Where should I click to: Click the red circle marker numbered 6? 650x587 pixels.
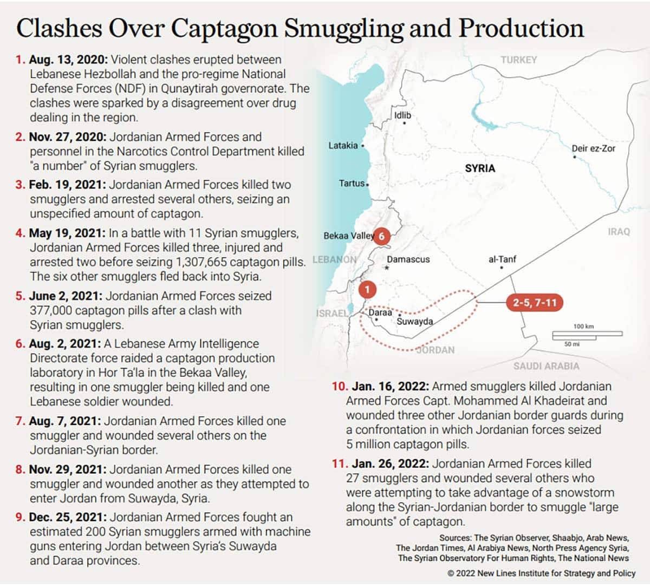382,236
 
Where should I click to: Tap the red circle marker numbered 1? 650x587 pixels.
367,289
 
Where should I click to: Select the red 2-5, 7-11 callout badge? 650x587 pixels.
535,302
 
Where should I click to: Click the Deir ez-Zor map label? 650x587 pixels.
593,148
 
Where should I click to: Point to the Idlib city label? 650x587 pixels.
402,115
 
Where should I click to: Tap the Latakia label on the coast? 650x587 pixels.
343,146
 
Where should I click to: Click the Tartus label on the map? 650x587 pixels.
352,184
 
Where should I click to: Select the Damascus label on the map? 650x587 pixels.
408,259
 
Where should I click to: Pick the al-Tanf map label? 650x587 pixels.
502,259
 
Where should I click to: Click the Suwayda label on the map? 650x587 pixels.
415,322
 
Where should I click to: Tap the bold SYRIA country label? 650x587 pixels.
480,168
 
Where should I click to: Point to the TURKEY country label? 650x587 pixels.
518,60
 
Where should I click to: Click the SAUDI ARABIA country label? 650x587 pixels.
546,366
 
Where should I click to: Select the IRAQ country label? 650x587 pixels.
619,232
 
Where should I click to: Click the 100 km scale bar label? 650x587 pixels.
583,327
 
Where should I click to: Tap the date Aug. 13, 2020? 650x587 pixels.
68,60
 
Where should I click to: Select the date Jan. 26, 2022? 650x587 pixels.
390,464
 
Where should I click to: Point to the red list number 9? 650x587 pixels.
20,517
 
